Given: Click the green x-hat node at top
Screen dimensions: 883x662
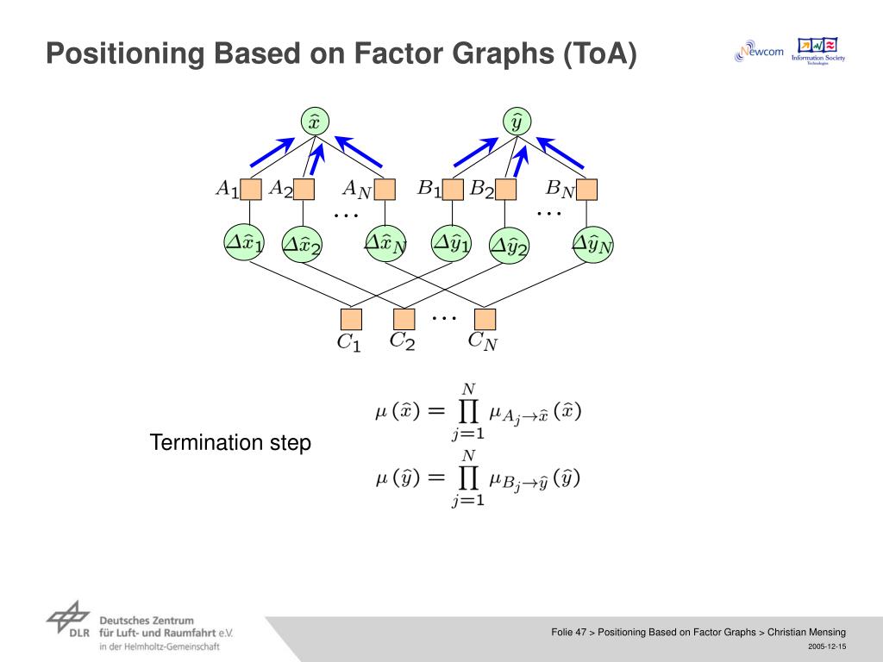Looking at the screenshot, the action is coord(314,122).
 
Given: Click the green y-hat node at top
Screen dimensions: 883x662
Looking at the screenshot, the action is coord(517,122).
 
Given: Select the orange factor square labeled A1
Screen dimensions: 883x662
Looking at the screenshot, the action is coord(251,190).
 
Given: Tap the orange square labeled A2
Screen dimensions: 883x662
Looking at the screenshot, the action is coord(304,190).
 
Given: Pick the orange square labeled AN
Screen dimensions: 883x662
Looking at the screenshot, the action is coord(385,190).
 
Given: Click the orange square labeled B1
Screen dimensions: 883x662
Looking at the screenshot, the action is coord(454,190).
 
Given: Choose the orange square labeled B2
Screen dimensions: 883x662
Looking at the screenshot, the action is coord(506,190).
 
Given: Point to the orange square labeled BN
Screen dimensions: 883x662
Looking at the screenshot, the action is coord(587,190).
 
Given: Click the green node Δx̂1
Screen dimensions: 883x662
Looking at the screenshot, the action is coord(244,242).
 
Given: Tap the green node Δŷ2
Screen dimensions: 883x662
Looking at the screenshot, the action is coord(509,247).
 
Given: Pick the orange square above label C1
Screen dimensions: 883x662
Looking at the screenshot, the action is coord(351,320).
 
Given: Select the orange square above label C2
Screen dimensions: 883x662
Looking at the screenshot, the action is coord(404,320).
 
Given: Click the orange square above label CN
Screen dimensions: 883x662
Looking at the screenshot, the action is coord(485,320).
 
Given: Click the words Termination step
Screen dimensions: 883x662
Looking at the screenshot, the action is coord(230,443).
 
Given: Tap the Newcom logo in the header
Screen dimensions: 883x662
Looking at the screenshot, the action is coord(759,53).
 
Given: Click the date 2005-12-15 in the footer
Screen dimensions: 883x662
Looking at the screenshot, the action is coord(827,646).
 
